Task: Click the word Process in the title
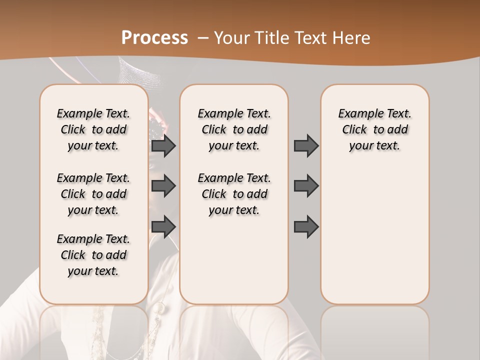coord(154,38)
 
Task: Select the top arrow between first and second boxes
coord(163,145)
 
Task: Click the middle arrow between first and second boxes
coord(163,186)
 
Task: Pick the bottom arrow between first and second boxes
coord(163,226)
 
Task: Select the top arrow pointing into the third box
coord(306,145)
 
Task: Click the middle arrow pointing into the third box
coord(306,186)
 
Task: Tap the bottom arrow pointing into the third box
coord(306,226)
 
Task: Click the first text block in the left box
coord(93,129)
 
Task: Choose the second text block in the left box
coord(93,194)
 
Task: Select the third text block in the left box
coord(93,255)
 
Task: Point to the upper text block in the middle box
coord(234,129)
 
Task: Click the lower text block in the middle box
coord(234,194)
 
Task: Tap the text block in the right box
coord(374,129)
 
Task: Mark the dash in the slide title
coord(203,38)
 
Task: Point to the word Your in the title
coord(231,38)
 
